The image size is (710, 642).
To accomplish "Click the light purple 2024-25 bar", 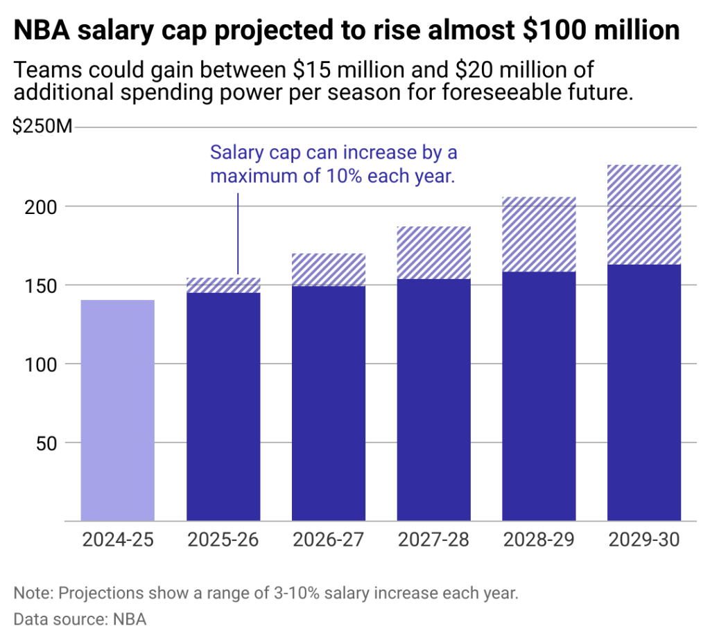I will click(118, 410).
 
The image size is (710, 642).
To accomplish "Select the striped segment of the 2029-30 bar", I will click(644, 215).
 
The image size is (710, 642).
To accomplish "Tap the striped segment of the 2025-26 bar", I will click(223, 285).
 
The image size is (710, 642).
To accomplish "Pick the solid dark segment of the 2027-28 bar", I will click(434, 400).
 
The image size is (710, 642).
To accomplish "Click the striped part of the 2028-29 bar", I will click(539, 234).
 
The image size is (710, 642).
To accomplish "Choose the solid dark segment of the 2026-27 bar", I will click(329, 403).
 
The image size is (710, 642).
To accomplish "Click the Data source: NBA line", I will click(80, 619).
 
